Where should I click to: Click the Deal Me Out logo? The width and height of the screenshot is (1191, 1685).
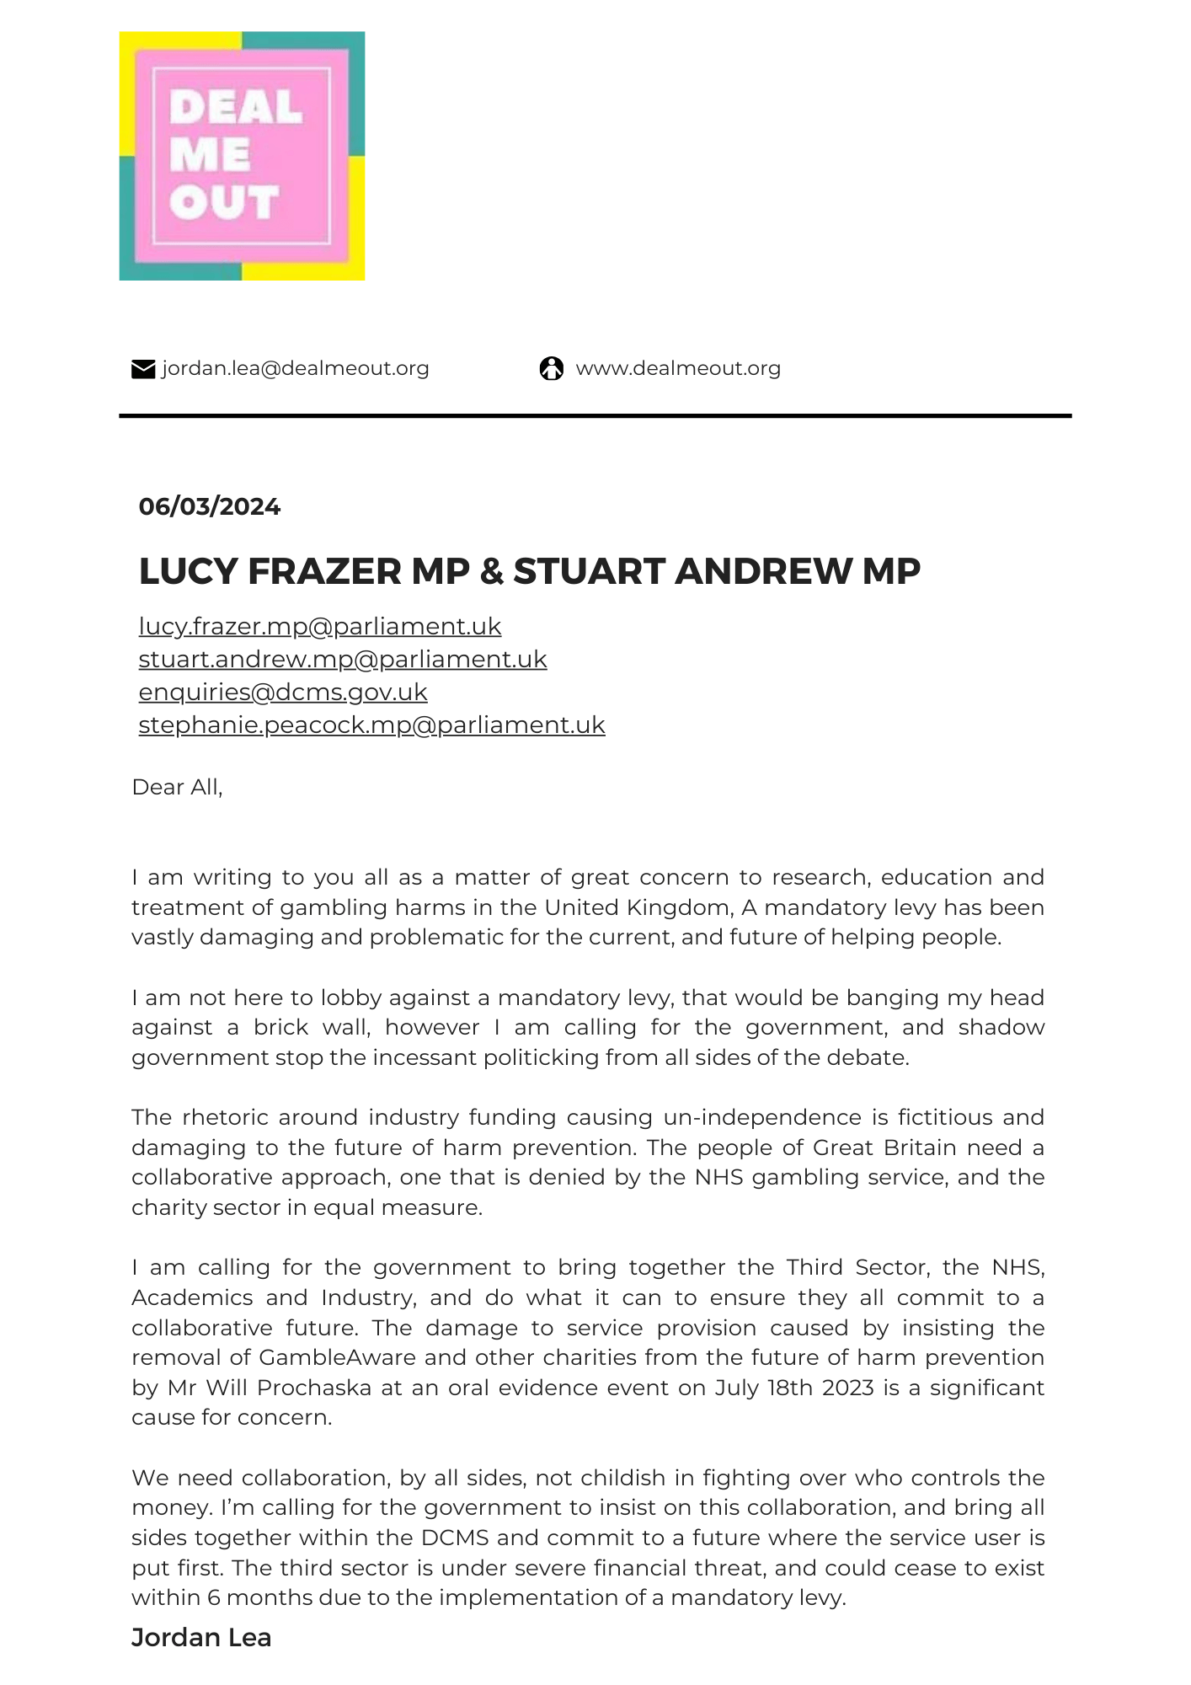(242, 156)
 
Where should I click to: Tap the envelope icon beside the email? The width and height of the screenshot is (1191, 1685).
(143, 369)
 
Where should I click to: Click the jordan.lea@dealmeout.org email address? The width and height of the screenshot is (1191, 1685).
(296, 368)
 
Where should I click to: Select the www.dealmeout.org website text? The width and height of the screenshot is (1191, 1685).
(678, 368)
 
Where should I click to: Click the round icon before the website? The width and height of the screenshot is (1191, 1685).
(552, 368)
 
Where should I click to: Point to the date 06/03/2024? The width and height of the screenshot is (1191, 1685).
(210, 506)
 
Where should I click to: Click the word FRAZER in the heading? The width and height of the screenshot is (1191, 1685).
(325, 571)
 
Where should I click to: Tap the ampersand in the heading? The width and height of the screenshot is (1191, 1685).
(492, 571)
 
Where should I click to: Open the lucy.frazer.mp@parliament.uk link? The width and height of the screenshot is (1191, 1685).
(320, 626)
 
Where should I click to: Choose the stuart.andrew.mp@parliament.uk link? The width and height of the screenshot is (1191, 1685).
(343, 659)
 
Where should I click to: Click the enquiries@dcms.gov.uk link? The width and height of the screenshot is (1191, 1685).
(283, 692)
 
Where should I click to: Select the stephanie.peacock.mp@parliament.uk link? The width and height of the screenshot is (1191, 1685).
(371, 725)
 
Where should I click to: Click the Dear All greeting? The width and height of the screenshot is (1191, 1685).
(177, 787)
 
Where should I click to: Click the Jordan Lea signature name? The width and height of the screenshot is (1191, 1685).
(201, 1637)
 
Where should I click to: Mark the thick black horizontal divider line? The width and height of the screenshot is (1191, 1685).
(595, 415)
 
